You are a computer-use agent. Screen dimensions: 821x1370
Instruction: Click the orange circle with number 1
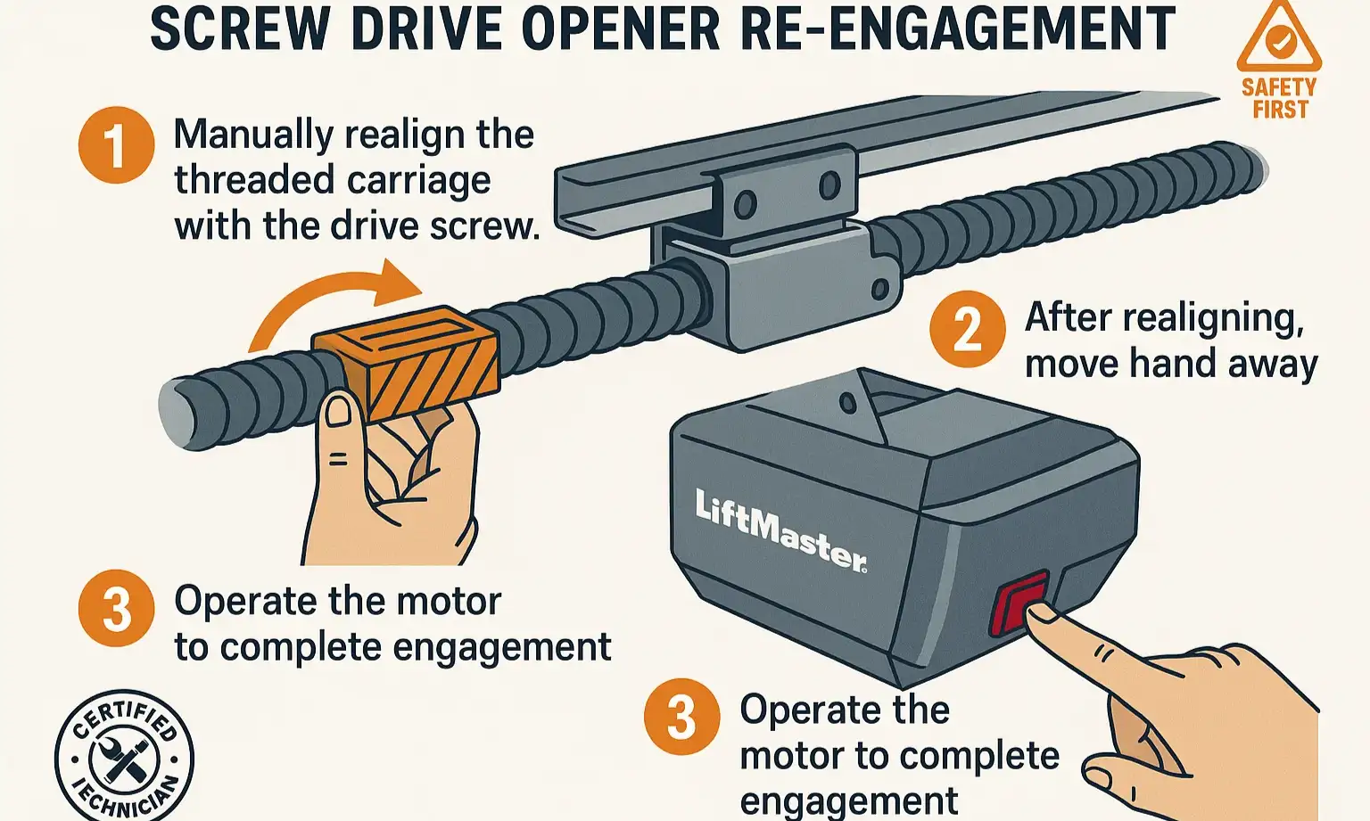point(116,145)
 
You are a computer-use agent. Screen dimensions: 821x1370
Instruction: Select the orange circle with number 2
point(968,329)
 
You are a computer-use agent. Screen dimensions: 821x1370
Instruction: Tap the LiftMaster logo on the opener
point(780,530)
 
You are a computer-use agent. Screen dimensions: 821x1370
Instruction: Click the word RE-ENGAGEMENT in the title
point(957,29)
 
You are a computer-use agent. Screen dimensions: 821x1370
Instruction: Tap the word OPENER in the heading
point(620,29)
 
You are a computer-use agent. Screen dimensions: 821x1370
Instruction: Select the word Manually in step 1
point(253,135)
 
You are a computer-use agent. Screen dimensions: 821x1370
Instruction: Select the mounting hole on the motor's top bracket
point(847,404)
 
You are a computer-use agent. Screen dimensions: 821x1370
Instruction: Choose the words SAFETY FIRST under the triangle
point(1279,99)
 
